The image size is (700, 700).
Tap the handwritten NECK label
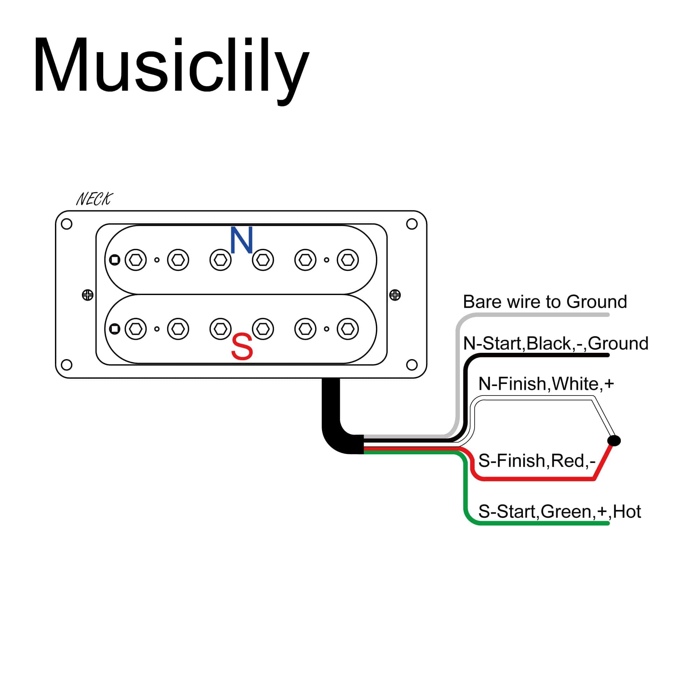[x=94, y=199]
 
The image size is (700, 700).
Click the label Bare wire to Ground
[x=545, y=302]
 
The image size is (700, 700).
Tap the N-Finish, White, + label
[x=546, y=384]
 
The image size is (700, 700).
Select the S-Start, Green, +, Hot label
[x=559, y=512]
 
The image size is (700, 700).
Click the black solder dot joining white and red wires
[x=614, y=441]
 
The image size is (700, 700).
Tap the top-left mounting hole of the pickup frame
[x=66, y=224]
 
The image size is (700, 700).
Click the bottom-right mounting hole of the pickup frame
[x=412, y=364]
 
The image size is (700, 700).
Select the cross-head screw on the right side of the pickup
[x=395, y=295]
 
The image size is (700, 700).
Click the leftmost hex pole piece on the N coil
[x=136, y=260]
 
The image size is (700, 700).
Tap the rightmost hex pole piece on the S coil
[x=348, y=329]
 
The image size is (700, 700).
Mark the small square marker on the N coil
[x=115, y=260]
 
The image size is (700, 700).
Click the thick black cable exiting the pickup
[x=331, y=409]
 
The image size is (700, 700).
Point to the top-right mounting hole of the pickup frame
[x=412, y=224]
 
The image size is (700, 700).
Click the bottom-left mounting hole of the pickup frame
[x=66, y=364]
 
